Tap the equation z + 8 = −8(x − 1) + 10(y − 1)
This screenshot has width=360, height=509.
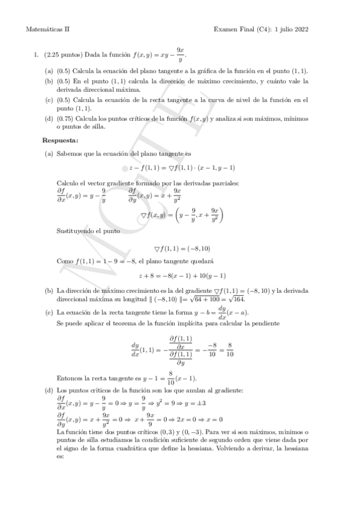tap(181, 276)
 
